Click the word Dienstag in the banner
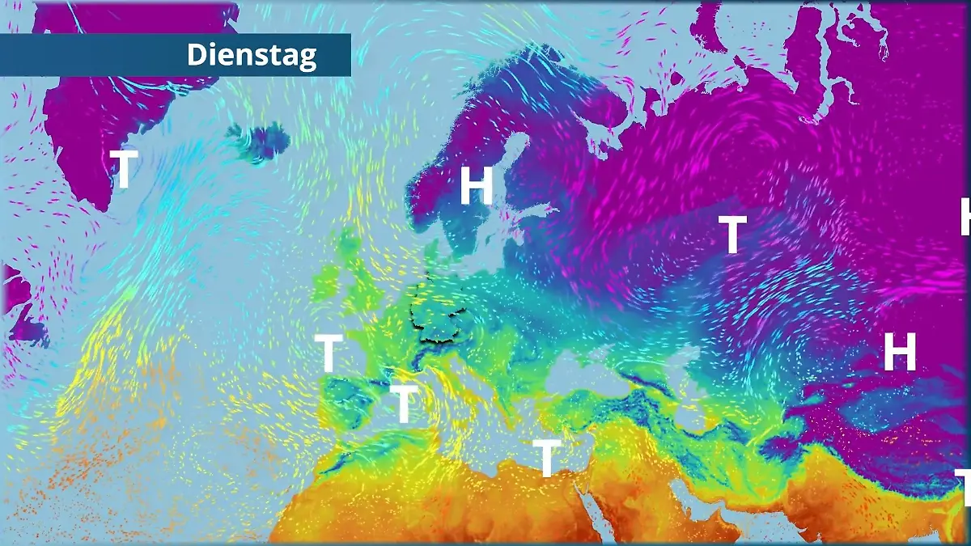[252, 55]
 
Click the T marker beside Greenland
[124, 169]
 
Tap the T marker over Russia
[732, 235]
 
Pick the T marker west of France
[328, 353]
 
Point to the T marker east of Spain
[404, 404]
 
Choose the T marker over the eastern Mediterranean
[547, 459]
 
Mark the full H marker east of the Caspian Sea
[899, 352]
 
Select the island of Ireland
[325, 282]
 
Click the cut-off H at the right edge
[965, 217]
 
